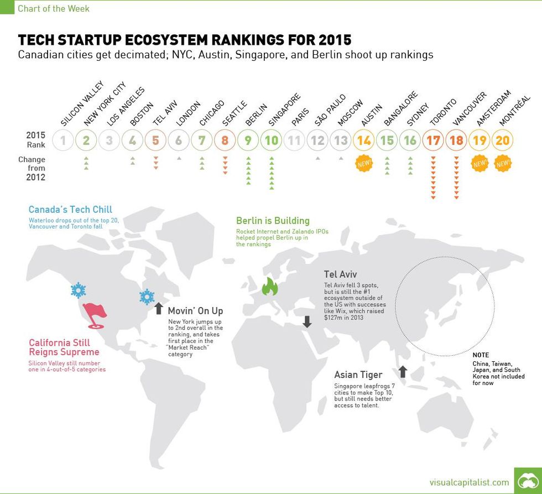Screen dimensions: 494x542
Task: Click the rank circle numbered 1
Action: click(x=64, y=140)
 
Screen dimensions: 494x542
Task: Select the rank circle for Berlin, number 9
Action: click(x=248, y=140)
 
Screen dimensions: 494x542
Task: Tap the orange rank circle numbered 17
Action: click(x=433, y=140)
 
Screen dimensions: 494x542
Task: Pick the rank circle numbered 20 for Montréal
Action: click(x=502, y=140)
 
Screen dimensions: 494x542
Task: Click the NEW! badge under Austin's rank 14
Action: click(x=364, y=164)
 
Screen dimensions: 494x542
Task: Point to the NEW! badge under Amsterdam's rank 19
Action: click(x=480, y=164)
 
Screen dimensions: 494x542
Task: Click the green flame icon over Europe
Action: click(x=270, y=286)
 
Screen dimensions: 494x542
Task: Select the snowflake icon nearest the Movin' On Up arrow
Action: click(x=147, y=297)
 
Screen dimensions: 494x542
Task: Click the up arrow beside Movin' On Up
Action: click(x=159, y=309)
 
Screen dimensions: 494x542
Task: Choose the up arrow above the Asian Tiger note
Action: click(x=403, y=371)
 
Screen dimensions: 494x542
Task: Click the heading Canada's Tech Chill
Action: click(x=70, y=210)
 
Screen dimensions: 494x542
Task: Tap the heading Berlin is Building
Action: click(x=273, y=221)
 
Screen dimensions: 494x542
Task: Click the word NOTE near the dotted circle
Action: click(x=481, y=355)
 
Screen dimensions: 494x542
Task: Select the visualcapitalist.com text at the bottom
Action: click(x=469, y=482)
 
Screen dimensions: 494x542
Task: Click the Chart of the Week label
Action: click(x=53, y=8)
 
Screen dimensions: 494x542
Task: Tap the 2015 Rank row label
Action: click(x=35, y=139)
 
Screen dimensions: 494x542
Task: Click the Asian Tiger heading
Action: click(x=358, y=375)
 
